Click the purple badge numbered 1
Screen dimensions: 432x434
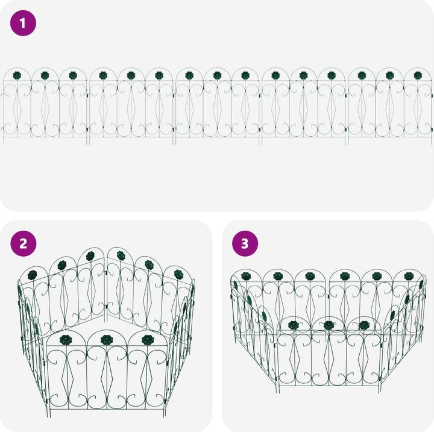(x=24, y=24)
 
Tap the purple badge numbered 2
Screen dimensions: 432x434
(x=24, y=243)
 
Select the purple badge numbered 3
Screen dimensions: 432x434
(x=245, y=243)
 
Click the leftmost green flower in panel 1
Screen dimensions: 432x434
(x=16, y=75)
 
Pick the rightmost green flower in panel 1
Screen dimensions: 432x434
(x=418, y=75)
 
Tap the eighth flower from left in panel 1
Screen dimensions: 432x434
(x=217, y=75)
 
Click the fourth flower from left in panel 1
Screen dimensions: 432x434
(x=102, y=75)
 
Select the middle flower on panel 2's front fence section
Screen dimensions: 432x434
(x=106, y=340)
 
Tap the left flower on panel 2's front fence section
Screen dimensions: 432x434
(x=66, y=340)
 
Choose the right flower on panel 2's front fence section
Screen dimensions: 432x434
(x=146, y=340)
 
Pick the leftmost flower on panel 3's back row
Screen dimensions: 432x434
(x=245, y=276)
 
